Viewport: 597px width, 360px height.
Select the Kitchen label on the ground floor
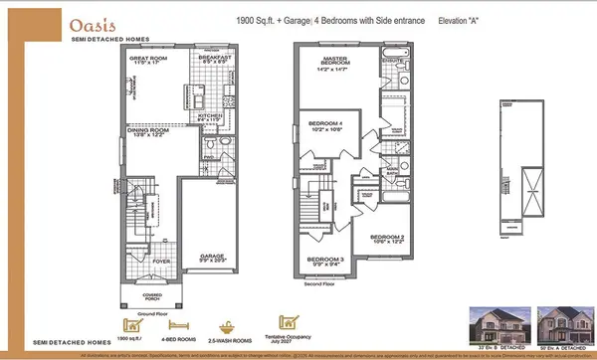point(211,118)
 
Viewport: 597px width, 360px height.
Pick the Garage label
point(209,256)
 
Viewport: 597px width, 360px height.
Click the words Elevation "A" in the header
point(466,18)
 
